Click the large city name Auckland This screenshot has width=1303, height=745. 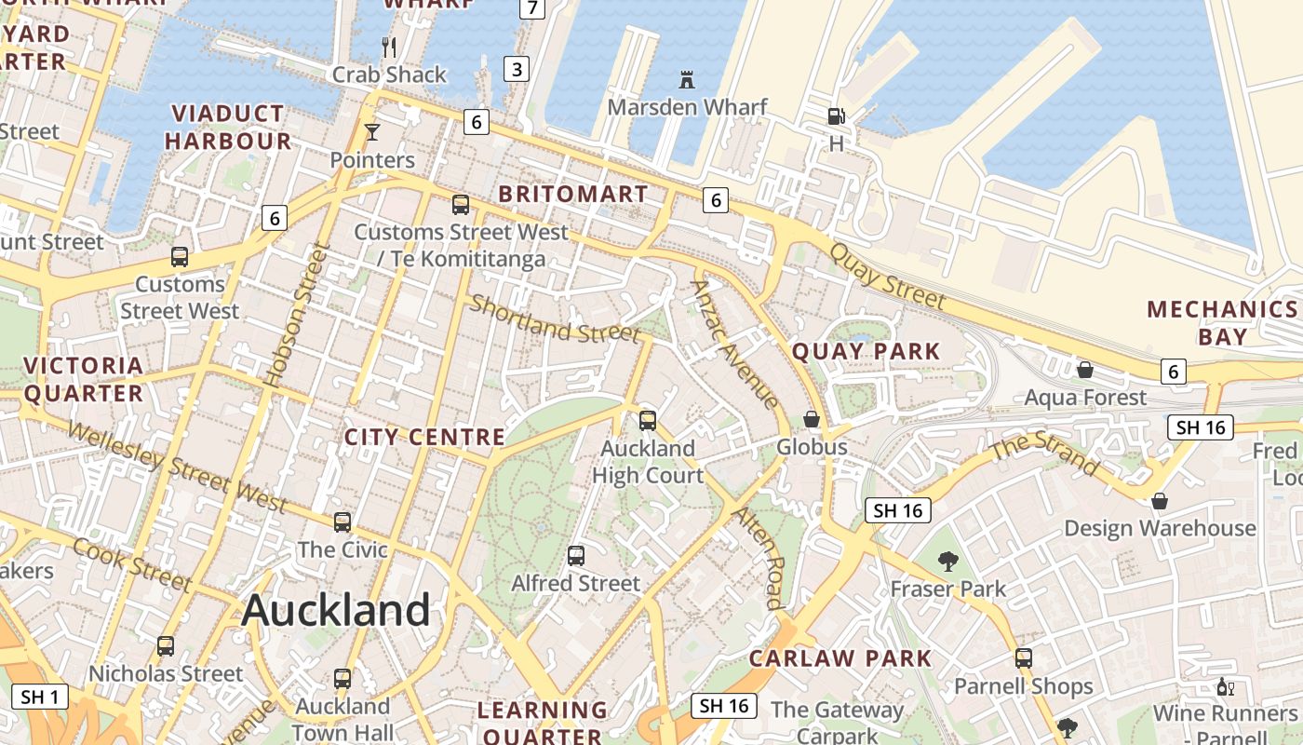pyautogui.click(x=335, y=611)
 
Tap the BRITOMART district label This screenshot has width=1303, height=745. pyautogui.click(x=572, y=195)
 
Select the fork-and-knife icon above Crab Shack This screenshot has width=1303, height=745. pyautogui.click(x=390, y=46)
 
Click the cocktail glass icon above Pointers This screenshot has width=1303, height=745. pyautogui.click(x=372, y=131)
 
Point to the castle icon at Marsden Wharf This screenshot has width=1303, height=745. pyautogui.click(x=687, y=79)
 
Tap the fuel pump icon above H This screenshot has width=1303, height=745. pyautogui.click(x=836, y=116)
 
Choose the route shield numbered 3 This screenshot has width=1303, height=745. pyautogui.click(x=517, y=68)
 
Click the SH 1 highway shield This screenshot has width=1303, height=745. pyautogui.click(x=41, y=697)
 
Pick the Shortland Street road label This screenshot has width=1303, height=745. pyautogui.click(x=555, y=318)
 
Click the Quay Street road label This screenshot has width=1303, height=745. pyautogui.click(x=886, y=276)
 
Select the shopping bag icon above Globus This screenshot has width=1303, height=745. pyautogui.click(x=812, y=419)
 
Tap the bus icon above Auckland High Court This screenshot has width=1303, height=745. pyautogui.click(x=648, y=421)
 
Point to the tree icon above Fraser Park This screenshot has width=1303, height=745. pyautogui.click(x=948, y=561)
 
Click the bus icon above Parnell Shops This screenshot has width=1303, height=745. pyautogui.click(x=1024, y=658)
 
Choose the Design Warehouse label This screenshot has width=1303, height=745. pyautogui.click(x=1160, y=529)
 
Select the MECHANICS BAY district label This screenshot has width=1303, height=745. pyautogui.click(x=1222, y=322)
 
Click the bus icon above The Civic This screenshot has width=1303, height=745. pyautogui.click(x=343, y=522)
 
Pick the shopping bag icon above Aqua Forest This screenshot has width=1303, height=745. pyautogui.click(x=1084, y=370)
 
